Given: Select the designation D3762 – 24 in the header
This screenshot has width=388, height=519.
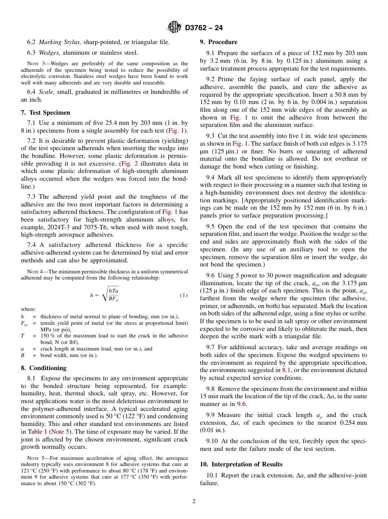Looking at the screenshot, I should pos(204,28).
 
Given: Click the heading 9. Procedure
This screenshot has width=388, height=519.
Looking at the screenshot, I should pos(219,42).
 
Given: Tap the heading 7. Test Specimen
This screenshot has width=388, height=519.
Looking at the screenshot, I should pos(45,113).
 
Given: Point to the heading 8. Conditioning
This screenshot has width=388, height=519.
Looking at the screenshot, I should pos(43,368).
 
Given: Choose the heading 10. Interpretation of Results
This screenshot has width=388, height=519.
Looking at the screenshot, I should pos(241,464).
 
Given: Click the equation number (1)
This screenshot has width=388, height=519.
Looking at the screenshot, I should pos(184,295).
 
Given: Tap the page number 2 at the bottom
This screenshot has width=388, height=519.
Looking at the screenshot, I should pos(194,501).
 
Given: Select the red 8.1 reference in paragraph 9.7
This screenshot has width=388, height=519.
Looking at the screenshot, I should pos(286,370).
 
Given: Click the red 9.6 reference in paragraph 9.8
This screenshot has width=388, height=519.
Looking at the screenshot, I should pos(241,404).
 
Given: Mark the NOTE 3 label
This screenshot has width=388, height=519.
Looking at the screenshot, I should pos(32,64).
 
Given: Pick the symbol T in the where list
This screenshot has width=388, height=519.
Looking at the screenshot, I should pos(22,336).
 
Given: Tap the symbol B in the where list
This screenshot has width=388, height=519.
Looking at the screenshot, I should pos(22,355).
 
